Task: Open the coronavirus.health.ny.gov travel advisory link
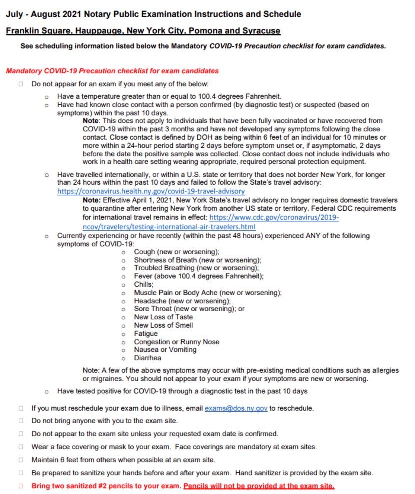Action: pos(151,191)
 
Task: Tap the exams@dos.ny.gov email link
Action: pos(236,408)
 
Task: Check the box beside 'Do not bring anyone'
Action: pos(21,421)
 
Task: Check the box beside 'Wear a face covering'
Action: pos(21,447)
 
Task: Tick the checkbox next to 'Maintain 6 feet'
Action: pos(21,460)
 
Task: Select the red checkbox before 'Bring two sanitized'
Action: pos(21,486)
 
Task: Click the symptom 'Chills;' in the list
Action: pos(144,284)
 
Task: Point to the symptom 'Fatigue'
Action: pos(146,333)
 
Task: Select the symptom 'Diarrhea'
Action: pos(148,358)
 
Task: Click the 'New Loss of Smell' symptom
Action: pos(163,325)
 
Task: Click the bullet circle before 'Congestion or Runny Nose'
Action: pos(123,342)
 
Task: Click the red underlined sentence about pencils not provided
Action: pos(259,486)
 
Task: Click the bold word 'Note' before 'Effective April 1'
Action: pos(91,199)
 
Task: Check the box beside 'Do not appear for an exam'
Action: pos(21,84)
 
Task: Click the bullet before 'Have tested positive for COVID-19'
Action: pos(46,391)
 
